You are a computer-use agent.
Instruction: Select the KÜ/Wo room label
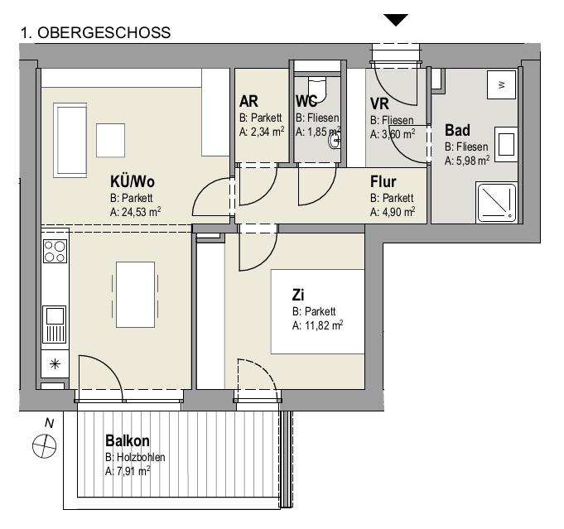click(133, 181)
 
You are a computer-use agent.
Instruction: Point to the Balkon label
click(126, 441)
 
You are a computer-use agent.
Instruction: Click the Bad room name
click(457, 131)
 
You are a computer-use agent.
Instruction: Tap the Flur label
click(383, 182)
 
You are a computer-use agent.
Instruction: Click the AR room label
click(248, 102)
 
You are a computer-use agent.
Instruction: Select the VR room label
click(380, 103)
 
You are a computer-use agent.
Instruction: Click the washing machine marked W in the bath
click(499, 84)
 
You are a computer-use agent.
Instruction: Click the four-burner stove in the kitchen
click(55, 251)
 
